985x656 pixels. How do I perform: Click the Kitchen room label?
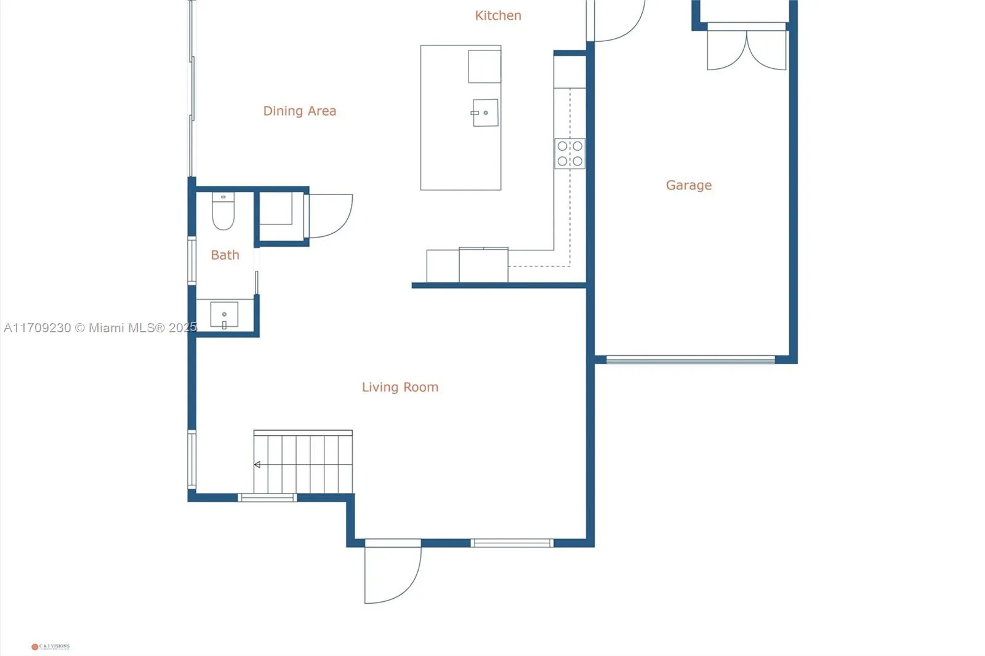(498, 15)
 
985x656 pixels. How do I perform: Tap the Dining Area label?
(299, 111)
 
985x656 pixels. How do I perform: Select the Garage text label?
(688, 185)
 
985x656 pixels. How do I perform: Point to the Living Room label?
(400, 387)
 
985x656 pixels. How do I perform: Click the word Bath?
(225, 255)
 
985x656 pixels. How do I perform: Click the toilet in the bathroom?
(223, 212)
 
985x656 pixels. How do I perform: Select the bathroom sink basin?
(224, 315)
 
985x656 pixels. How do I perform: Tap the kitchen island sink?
(485, 113)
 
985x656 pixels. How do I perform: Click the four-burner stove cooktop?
(569, 154)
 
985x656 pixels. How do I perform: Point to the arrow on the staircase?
(257, 465)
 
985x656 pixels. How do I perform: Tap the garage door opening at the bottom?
(690, 360)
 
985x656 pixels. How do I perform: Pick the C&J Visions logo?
(50, 646)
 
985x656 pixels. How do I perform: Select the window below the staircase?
(267, 497)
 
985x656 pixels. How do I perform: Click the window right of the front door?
(512, 543)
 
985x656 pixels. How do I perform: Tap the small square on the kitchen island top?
(484, 66)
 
